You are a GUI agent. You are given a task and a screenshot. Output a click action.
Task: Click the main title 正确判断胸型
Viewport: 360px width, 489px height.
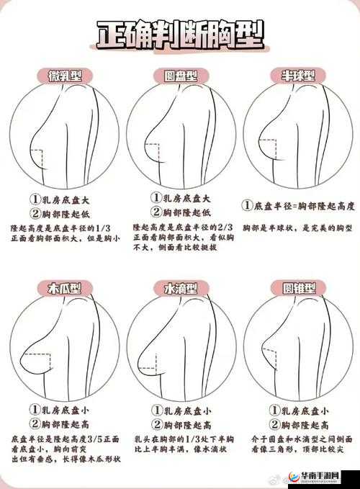click(x=180, y=34)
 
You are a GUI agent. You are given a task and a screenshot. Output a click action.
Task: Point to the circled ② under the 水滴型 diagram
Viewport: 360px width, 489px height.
click(x=156, y=424)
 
